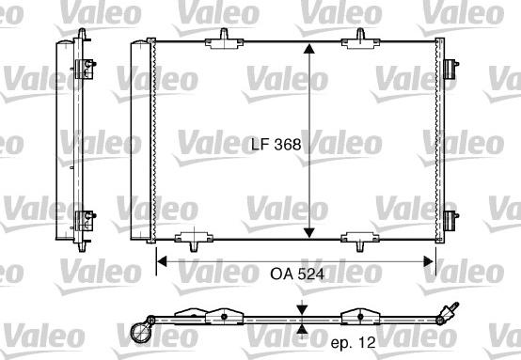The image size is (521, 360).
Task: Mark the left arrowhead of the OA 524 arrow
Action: coord(161,261)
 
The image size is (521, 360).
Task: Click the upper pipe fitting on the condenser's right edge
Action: coord(452,71)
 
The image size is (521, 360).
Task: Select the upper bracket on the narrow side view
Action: coord(86,67)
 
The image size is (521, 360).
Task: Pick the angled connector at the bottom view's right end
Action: coord(449,311)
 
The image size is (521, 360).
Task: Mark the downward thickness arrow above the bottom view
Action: coord(301,309)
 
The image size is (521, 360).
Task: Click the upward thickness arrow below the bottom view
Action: coord(301,328)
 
